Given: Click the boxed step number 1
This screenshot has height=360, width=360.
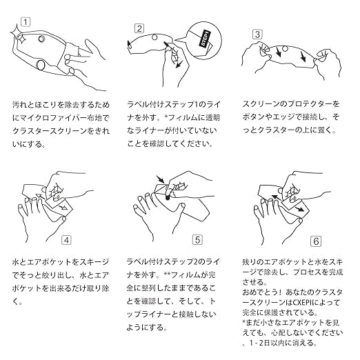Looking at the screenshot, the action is tap(26, 22).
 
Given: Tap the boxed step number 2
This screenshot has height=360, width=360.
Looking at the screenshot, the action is tap(139, 29).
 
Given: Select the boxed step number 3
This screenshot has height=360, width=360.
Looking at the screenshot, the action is tap(258, 34).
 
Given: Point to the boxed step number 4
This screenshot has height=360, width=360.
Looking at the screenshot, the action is tap(66, 240).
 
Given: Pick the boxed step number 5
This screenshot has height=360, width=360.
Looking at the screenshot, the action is tap(197, 240).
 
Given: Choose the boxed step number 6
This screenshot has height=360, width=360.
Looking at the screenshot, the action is tap(316, 241).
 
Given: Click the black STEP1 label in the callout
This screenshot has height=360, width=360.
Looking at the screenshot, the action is tap(205, 39).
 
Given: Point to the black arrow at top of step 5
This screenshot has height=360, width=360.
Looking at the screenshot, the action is tap(160, 179).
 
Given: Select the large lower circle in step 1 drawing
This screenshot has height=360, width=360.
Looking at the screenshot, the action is tap(41, 65).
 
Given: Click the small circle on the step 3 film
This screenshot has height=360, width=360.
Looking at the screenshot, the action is tap(285, 49).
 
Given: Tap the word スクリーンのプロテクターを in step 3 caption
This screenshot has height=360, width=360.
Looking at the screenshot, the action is tap(291, 104).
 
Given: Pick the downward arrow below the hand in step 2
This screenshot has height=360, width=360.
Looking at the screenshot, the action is tap(179, 64).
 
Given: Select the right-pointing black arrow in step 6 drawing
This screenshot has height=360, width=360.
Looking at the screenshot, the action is tap(299, 209).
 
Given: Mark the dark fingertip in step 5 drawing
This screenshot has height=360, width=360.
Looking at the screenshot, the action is tap(168, 197).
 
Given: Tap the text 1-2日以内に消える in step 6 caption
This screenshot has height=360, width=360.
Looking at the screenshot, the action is tap(283, 343).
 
